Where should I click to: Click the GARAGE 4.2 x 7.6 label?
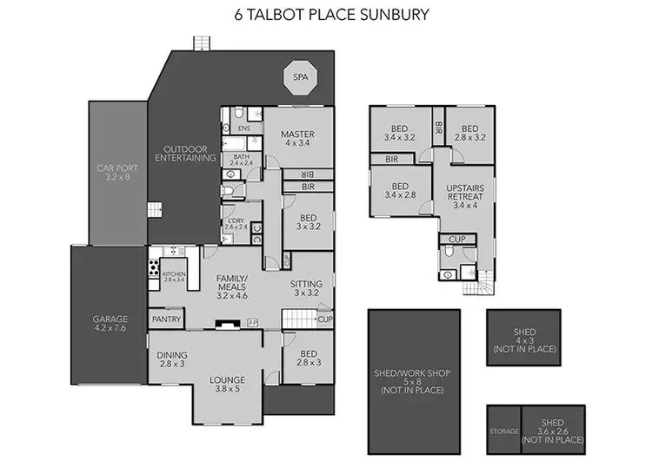(x=110, y=324)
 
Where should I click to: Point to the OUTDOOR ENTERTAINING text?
(x=184, y=153)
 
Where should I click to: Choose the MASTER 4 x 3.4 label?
(x=296, y=139)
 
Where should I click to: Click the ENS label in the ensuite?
(x=244, y=129)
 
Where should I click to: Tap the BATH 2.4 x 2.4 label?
(x=241, y=159)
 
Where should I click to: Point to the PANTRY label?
(x=166, y=319)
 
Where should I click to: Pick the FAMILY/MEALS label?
(x=232, y=285)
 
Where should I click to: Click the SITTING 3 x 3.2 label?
(x=307, y=287)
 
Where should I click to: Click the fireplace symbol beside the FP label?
(x=229, y=323)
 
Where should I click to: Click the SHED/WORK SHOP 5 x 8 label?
(x=413, y=373)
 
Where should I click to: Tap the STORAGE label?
(x=503, y=431)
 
